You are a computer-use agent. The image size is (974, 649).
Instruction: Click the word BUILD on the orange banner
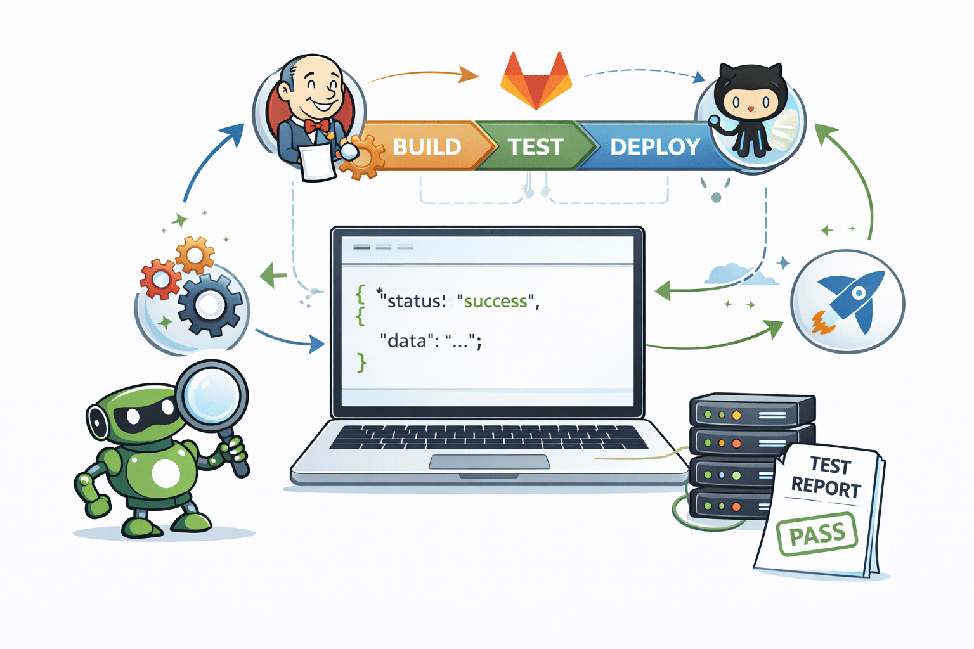(x=427, y=147)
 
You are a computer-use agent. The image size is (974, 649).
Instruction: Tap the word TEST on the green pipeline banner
(x=535, y=147)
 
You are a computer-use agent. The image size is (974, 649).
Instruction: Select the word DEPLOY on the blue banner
(x=654, y=147)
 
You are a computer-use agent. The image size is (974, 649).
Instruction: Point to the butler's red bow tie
(x=316, y=125)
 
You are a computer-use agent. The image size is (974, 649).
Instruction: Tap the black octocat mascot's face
(x=750, y=100)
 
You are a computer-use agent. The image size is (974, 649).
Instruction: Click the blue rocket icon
(x=852, y=300)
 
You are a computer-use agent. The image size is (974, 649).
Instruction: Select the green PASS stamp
(x=817, y=534)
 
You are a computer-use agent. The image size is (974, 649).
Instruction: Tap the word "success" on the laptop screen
(x=496, y=301)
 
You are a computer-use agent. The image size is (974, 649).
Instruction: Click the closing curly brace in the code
(x=361, y=363)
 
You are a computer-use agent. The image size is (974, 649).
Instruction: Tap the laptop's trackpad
(x=489, y=461)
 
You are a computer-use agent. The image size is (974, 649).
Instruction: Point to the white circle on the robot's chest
(x=166, y=473)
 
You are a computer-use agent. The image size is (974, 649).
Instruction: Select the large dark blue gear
(x=209, y=305)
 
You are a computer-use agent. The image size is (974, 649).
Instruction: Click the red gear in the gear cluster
(x=159, y=279)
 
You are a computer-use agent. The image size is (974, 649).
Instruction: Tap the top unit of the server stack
(x=751, y=413)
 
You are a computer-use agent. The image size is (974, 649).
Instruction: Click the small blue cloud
(x=732, y=274)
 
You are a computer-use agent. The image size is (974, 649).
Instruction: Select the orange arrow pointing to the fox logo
(x=424, y=75)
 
